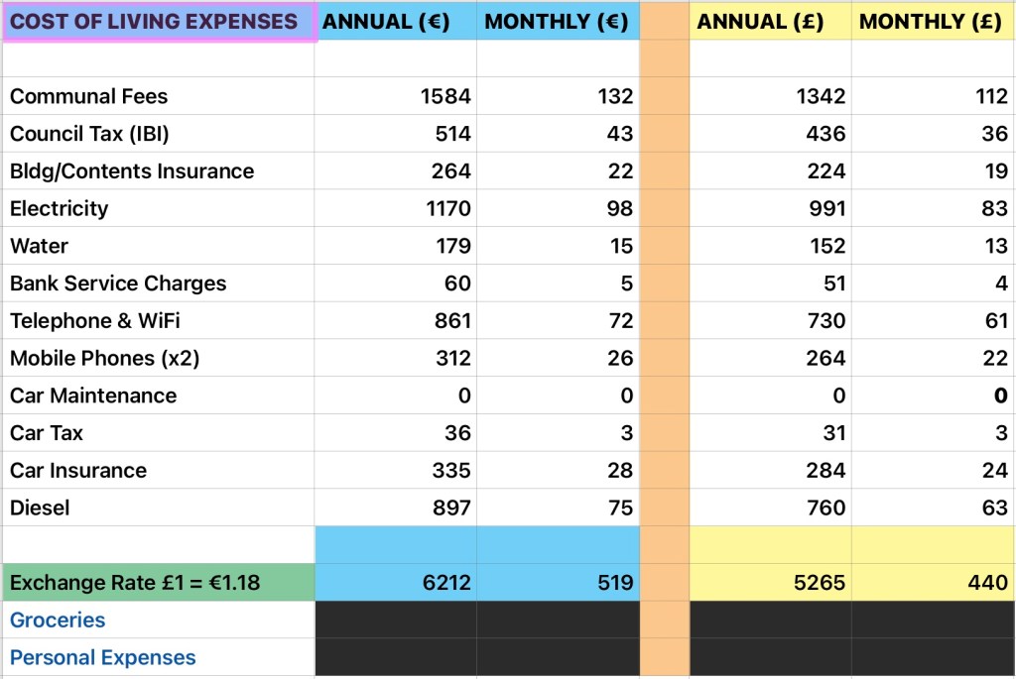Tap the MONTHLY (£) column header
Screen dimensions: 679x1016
[930, 22]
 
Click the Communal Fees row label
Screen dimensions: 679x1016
[88, 96]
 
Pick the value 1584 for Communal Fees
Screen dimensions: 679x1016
[445, 96]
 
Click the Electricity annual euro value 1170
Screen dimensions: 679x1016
[445, 208]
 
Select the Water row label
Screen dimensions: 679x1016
[39, 246]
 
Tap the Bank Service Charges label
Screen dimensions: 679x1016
[118, 283]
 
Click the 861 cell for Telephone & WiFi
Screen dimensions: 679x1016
[451, 320]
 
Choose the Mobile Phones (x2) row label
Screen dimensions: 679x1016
[104, 358]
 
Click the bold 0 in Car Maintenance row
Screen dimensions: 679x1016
[1001, 396]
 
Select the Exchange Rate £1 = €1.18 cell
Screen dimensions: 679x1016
[135, 582]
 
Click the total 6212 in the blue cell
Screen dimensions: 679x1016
[445, 582]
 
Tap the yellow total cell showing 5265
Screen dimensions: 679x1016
[821, 582]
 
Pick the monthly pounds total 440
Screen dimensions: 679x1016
[988, 582]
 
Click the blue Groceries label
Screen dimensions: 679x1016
[58, 620]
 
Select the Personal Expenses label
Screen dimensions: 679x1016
[103, 657]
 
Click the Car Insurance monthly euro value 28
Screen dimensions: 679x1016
[620, 470]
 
